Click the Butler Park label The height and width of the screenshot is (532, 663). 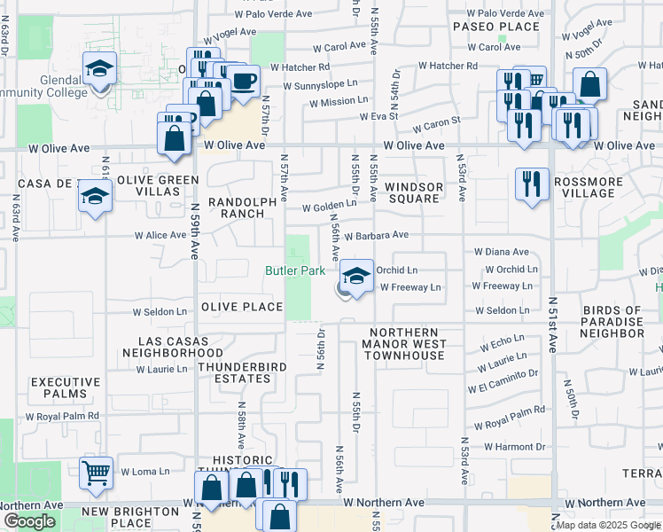click(x=296, y=270)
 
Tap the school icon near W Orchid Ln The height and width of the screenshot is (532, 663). click(x=356, y=276)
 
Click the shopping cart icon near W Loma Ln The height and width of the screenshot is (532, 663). click(x=96, y=473)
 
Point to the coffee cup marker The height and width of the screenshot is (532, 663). click(x=244, y=82)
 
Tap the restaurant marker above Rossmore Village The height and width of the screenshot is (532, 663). click(x=532, y=184)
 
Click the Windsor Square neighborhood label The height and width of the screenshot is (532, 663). click(x=414, y=192)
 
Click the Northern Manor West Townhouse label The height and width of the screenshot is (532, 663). click(x=404, y=344)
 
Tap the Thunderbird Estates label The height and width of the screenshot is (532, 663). click(x=234, y=372)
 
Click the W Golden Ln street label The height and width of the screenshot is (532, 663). click(x=329, y=207)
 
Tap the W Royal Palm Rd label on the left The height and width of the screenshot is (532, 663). click(x=62, y=416)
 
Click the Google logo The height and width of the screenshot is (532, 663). click(x=29, y=521)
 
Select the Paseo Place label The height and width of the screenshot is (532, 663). click(x=496, y=27)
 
